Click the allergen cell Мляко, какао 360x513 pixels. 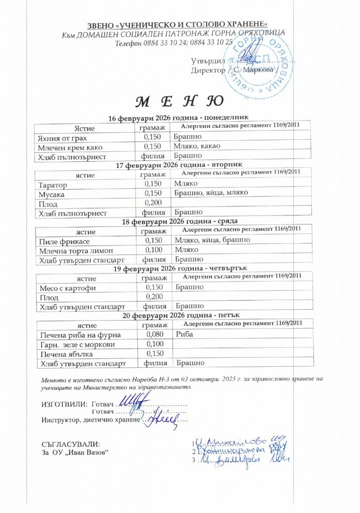(x=197, y=146)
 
